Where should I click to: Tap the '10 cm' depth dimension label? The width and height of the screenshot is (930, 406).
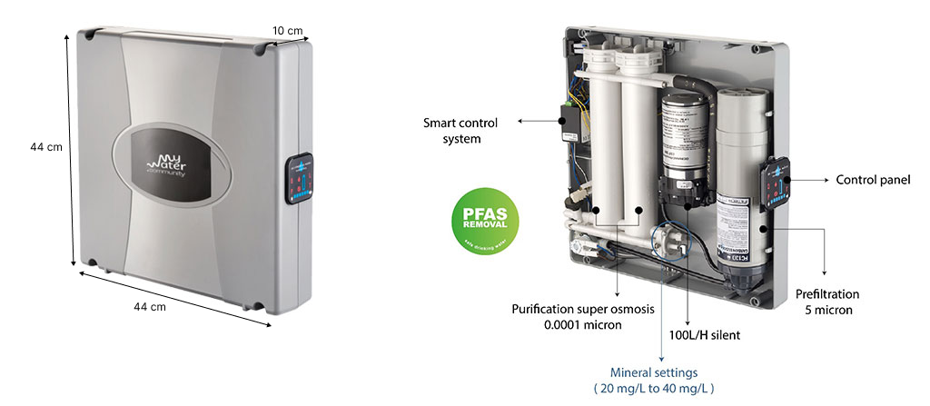tap(287, 31)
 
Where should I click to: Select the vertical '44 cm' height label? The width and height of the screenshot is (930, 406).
tap(45, 147)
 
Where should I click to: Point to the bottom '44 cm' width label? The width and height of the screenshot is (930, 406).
tap(150, 307)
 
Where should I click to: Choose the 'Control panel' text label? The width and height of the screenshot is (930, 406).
tap(873, 181)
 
